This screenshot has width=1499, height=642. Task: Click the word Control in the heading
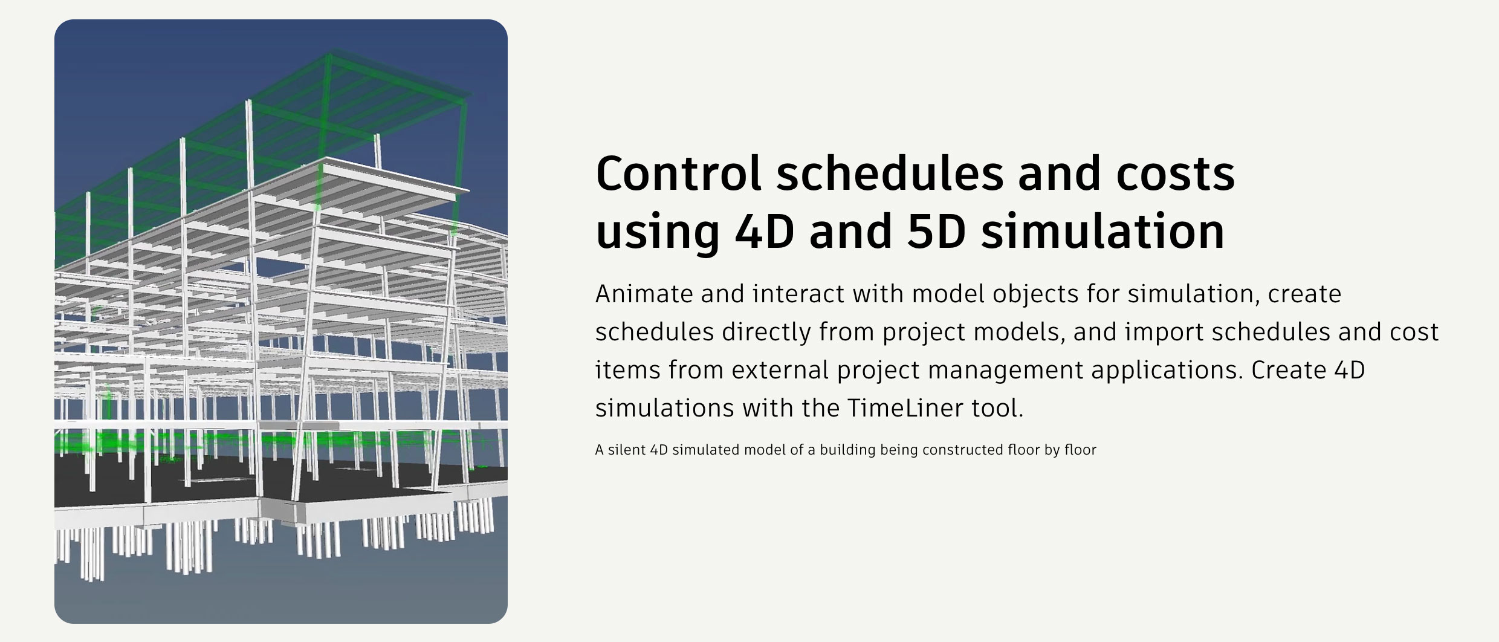click(678, 173)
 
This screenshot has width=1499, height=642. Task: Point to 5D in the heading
click(936, 232)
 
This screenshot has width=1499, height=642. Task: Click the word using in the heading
click(658, 235)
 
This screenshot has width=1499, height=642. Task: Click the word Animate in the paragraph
click(643, 294)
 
